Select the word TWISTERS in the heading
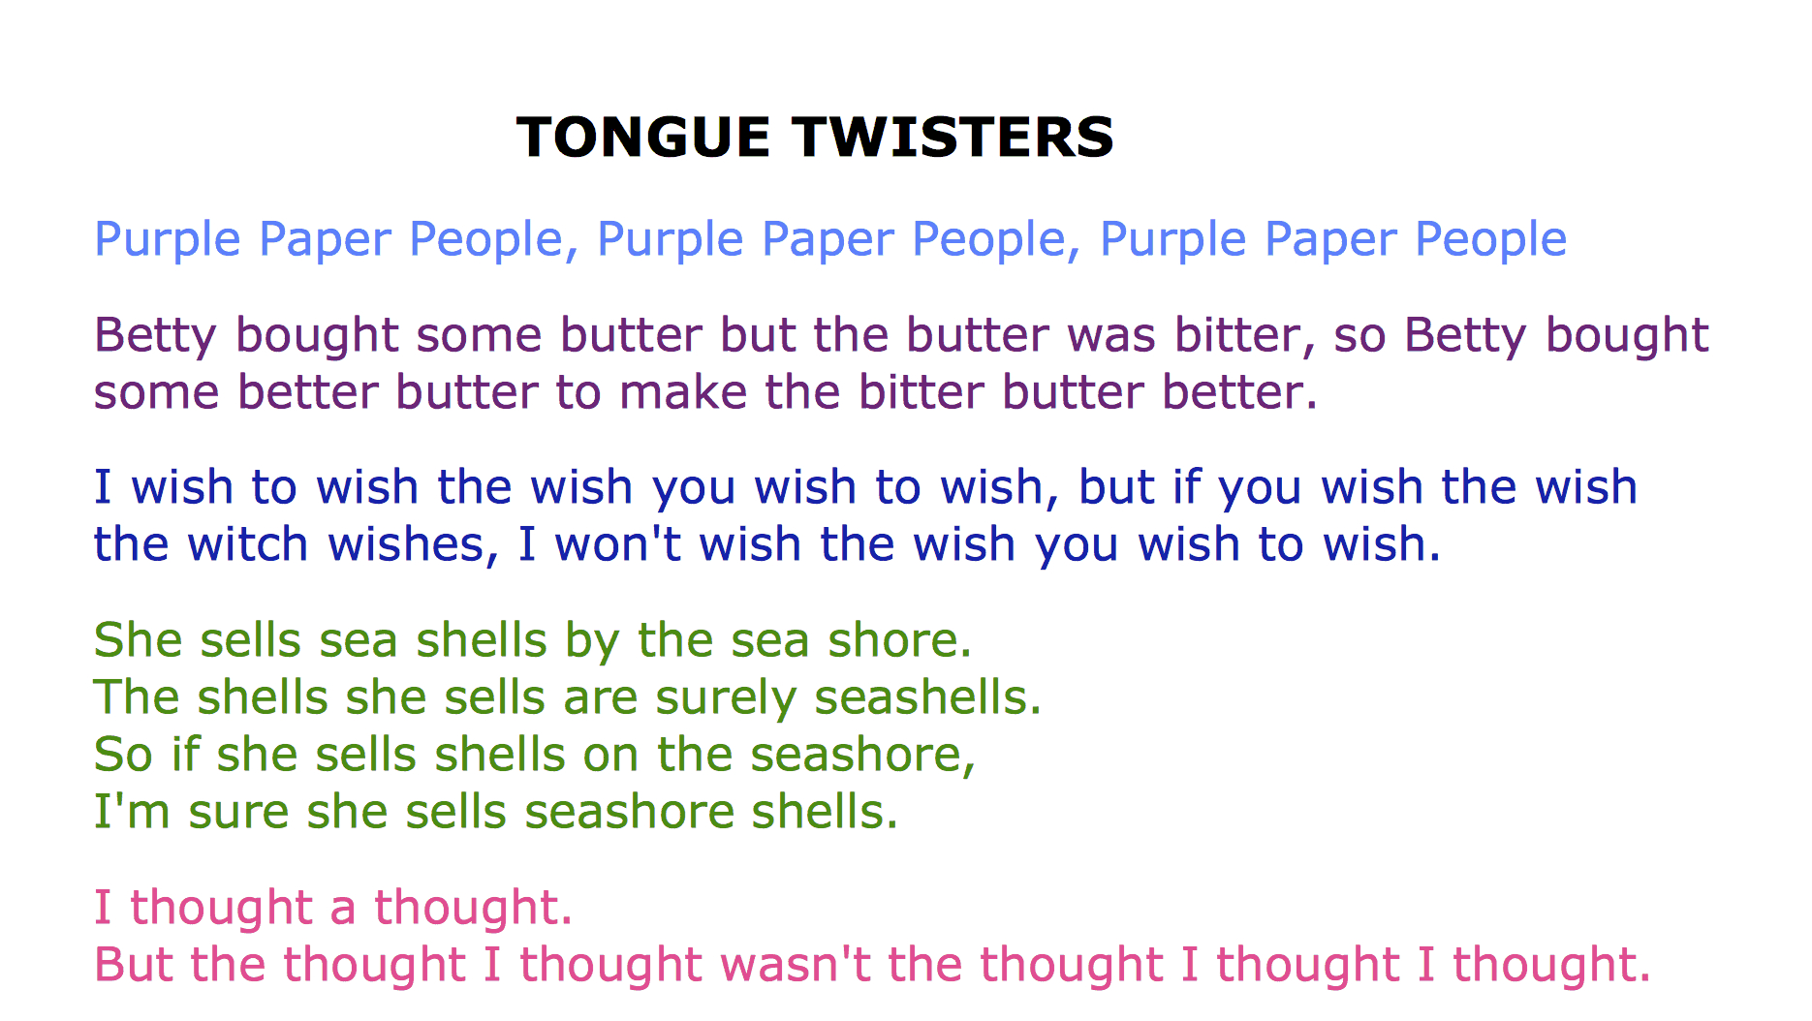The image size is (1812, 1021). coord(954,137)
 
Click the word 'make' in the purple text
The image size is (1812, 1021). coord(683,392)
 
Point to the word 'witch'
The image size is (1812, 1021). coord(249,544)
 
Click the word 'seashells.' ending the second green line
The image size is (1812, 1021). coord(928,697)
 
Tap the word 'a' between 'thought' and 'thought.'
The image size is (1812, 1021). coord(343,911)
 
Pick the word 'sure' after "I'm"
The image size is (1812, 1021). coord(238,814)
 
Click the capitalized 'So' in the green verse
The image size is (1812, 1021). coord(123,755)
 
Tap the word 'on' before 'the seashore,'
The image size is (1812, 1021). coord(610,758)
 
